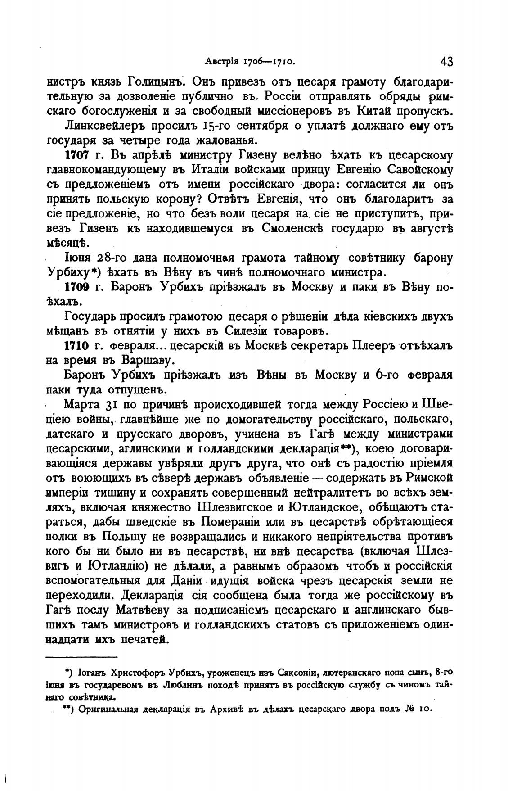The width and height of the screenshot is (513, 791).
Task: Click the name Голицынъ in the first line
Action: pyautogui.click(x=148, y=82)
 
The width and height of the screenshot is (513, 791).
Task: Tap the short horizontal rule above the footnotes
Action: pyautogui.click(x=82, y=657)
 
